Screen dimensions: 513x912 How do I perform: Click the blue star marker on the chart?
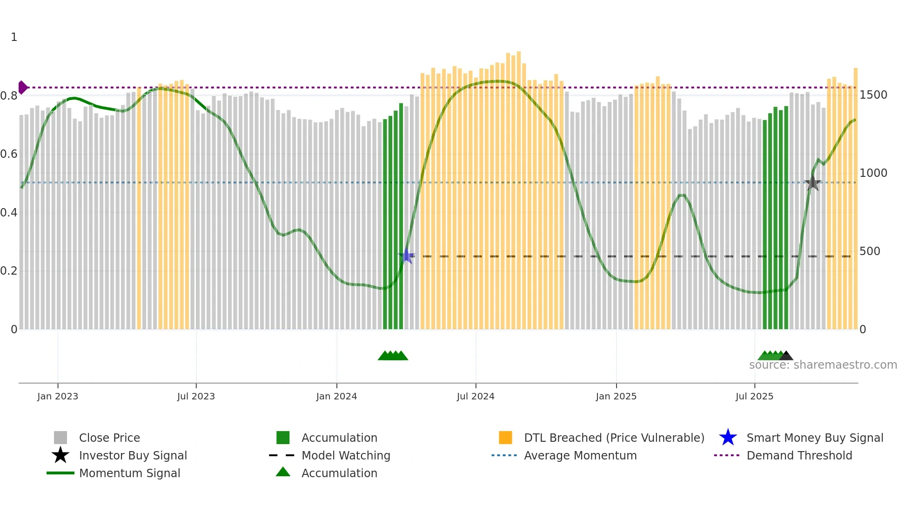point(406,256)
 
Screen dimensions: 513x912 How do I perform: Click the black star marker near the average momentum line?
point(812,182)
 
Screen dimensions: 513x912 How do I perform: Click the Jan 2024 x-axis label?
point(336,396)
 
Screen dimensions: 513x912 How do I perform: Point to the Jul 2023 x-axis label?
point(196,396)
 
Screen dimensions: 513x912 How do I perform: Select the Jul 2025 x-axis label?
point(754,396)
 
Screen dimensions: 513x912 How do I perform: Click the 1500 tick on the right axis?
point(873,95)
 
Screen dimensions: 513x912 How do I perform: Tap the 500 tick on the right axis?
point(870,251)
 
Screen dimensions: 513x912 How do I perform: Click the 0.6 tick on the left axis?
point(9,154)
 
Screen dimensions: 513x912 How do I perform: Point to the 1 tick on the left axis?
point(14,37)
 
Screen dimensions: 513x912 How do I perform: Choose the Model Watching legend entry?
point(346,455)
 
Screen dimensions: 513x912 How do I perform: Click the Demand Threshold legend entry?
point(799,455)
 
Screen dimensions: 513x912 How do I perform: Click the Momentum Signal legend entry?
point(129,473)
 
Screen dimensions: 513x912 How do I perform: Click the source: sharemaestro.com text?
point(823,365)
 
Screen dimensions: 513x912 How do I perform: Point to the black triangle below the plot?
point(786,356)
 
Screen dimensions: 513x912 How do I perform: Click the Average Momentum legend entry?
point(580,455)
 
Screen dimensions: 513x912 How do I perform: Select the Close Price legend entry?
point(109,438)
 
